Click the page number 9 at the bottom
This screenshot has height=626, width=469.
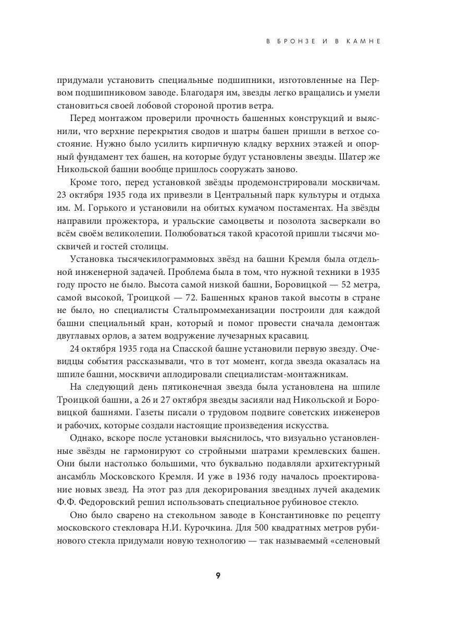coord(218,576)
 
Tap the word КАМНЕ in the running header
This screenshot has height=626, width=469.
coord(363,42)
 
